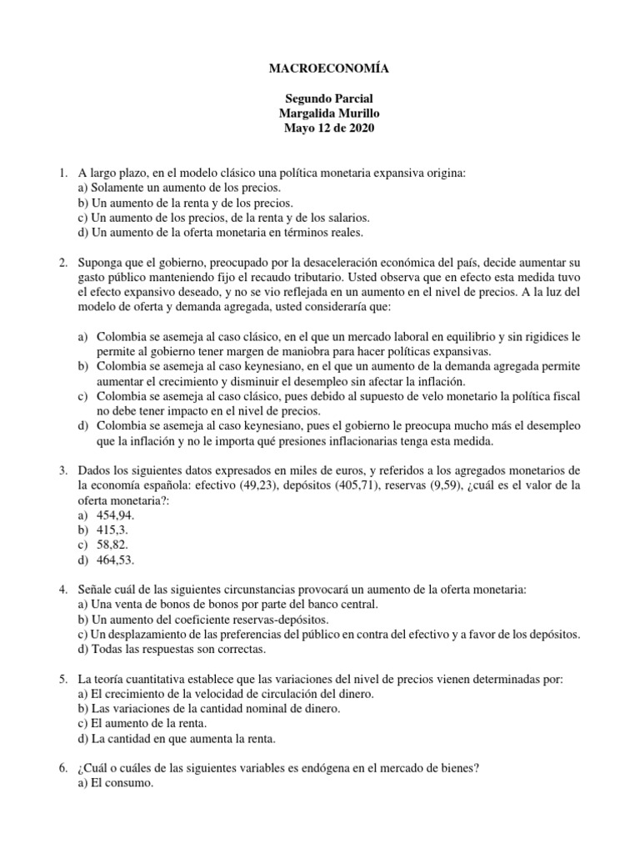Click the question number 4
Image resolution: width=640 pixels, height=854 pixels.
pyautogui.click(x=62, y=590)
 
